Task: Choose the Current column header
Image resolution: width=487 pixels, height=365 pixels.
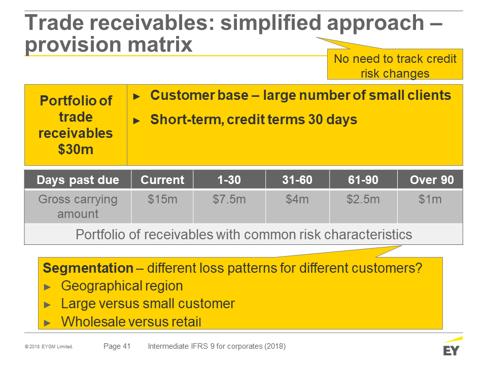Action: [162, 179]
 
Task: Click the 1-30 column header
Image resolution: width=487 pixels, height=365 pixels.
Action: [229, 179]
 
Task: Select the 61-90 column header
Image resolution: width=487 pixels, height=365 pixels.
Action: [363, 179]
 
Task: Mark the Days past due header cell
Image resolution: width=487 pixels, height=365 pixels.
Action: [78, 179]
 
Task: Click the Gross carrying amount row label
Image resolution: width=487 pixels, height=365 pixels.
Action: [78, 206]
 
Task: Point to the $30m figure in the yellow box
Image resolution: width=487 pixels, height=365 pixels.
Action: [76, 149]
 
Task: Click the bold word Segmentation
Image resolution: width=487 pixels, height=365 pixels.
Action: [88, 268]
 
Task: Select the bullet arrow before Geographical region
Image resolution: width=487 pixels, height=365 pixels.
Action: [47, 287]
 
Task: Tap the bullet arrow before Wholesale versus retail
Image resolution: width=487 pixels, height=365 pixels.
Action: [47, 323]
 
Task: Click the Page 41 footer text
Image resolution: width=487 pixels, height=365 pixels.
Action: [117, 346]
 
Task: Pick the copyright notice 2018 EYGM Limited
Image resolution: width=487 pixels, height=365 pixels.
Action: [49, 346]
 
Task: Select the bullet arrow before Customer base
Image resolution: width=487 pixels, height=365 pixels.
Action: [136, 96]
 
